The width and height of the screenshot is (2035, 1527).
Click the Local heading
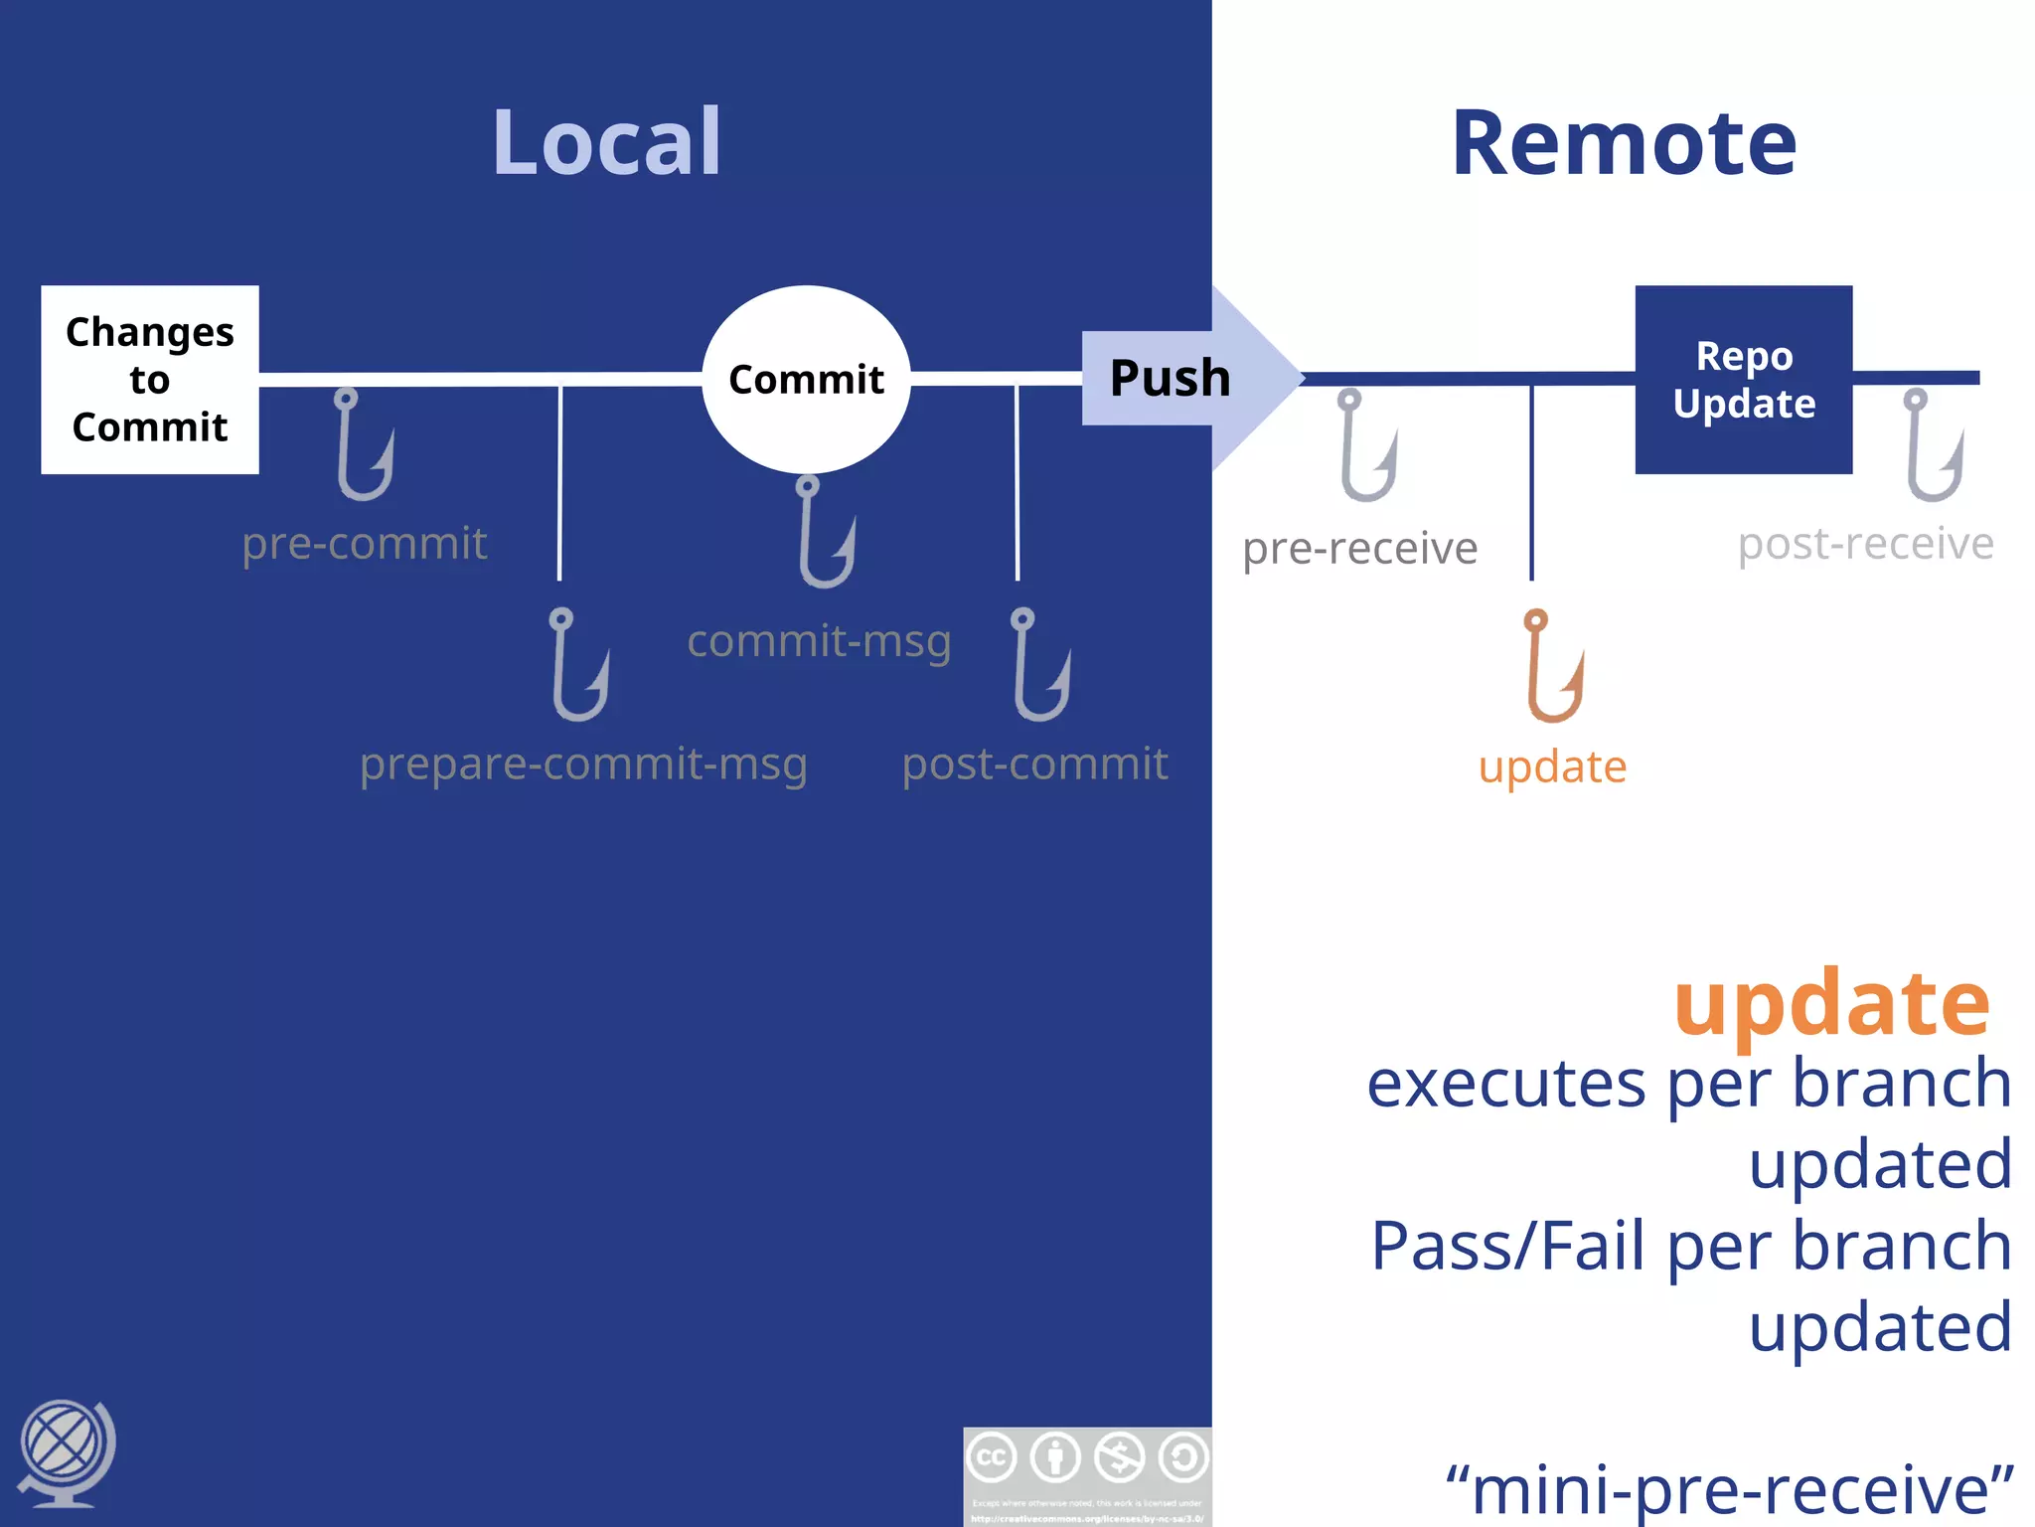tap(606, 143)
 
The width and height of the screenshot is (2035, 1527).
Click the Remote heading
tap(1624, 143)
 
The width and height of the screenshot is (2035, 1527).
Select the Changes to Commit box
tap(150, 380)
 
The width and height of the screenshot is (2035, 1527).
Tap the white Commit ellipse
tap(806, 380)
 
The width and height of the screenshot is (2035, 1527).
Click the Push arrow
tap(1182, 379)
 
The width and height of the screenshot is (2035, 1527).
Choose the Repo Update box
tap(1743, 380)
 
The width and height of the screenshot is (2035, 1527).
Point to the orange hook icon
tap(1552, 666)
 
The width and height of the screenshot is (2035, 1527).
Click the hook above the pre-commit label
tap(363, 445)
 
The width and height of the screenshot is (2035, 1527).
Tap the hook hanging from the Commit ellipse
tap(825, 533)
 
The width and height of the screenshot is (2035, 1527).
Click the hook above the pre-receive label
tap(1366, 445)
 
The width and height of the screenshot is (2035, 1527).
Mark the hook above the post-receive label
tap(1933, 445)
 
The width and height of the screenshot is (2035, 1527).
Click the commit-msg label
tap(819, 641)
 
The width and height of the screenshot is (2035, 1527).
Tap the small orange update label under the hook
tap(1552, 767)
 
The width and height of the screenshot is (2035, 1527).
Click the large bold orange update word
tap(1831, 1004)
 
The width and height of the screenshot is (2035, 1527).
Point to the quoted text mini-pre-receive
tap(1729, 1489)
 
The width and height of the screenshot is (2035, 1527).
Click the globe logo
tap(66, 1451)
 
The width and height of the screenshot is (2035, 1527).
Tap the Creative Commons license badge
tap(1087, 1475)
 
